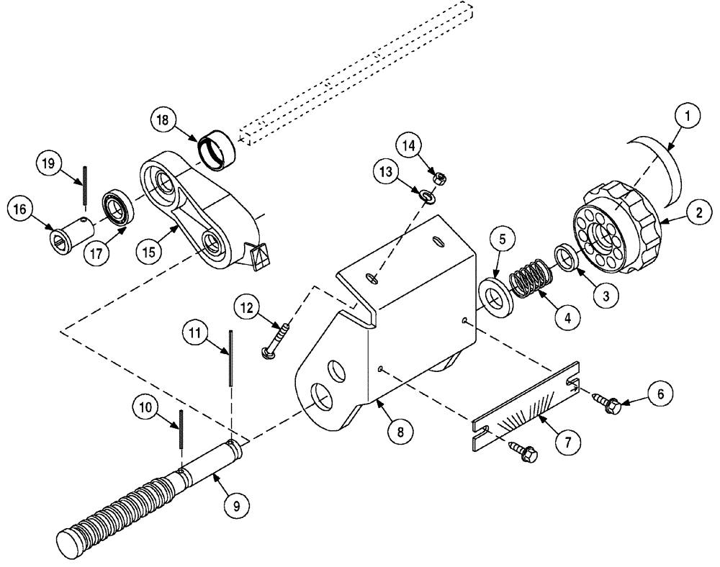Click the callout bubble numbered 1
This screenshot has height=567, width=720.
(x=687, y=116)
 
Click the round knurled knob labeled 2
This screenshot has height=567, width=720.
(x=618, y=229)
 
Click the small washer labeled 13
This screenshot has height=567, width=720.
(x=426, y=196)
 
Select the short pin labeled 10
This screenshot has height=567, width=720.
(x=180, y=429)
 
